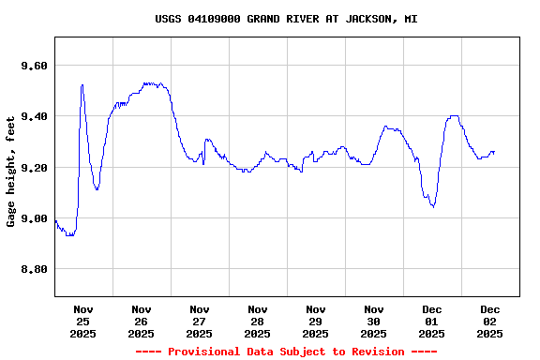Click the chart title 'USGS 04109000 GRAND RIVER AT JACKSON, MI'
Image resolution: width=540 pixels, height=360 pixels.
point(286,19)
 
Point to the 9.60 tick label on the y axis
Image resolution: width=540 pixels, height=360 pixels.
point(33,66)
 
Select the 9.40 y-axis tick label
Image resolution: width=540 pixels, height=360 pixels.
point(33,116)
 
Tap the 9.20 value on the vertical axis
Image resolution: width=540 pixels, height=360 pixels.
point(33,168)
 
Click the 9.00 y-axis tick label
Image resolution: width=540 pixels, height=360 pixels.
point(33,218)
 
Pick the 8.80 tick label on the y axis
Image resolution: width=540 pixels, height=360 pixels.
point(33,270)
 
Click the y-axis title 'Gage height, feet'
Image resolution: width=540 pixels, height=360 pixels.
point(11,172)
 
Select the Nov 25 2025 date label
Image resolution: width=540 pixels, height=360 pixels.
point(83,322)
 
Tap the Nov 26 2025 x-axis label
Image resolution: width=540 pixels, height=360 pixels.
point(142,322)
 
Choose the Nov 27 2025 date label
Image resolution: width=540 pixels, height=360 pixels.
point(200,322)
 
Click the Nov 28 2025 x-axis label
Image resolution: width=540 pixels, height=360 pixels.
point(258,322)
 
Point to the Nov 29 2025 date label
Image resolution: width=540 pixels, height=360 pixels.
point(316,322)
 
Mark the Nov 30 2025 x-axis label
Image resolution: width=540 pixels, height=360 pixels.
point(374,322)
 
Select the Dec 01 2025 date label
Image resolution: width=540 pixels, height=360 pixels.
point(432,322)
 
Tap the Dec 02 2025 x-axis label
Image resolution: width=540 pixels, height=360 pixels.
point(490,322)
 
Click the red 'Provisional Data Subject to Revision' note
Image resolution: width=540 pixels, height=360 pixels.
point(286,352)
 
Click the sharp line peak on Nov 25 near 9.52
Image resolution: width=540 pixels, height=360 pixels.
point(82,85)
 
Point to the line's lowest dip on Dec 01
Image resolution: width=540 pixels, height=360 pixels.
point(433,206)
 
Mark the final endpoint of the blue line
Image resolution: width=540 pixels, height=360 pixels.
point(494,152)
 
